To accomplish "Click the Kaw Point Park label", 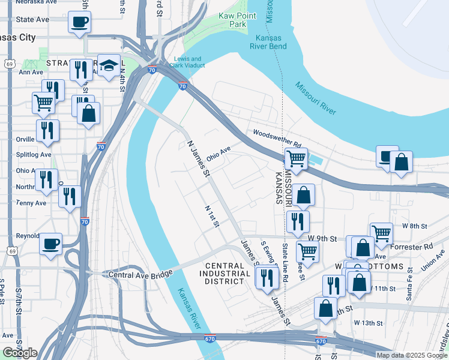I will coord(233,20).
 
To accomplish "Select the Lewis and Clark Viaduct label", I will coord(190,62).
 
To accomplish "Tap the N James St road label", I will coord(197,159).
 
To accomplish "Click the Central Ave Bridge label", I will coord(140,274).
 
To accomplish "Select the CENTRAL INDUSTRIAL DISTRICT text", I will coord(228,274).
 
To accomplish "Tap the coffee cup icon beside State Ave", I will coord(79,23).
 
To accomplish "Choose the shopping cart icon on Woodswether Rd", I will coord(295,159).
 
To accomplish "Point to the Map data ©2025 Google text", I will coord(411,355).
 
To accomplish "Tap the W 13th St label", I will coord(368,323).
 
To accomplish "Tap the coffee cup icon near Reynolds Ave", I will coord(50,244).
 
